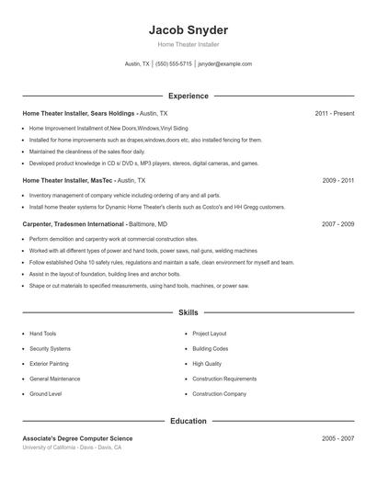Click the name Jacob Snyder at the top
(188, 29)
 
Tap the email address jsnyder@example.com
(224, 64)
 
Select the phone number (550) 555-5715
(174, 64)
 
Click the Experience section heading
(188, 96)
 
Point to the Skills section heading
(188, 313)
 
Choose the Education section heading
(188, 421)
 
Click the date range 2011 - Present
(334, 113)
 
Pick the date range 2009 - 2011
(337, 181)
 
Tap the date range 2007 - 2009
(337, 224)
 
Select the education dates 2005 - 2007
(337, 439)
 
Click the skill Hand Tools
(43, 334)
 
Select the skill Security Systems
(50, 349)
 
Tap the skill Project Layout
(210, 334)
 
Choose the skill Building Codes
(211, 349)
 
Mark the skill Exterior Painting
(49, 364)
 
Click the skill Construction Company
(219, 394)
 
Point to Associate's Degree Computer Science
(77, 439)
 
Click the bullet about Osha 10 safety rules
(161, 262)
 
